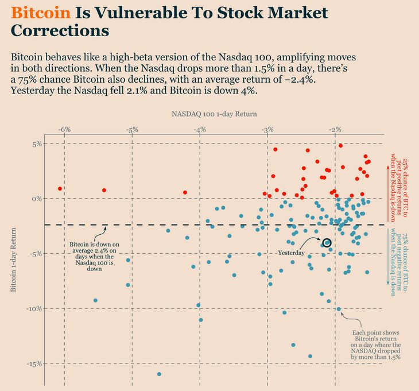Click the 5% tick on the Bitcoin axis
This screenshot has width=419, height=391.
coord(37,144)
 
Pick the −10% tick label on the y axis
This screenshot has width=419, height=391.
coord(34,308)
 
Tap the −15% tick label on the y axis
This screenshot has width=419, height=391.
coord(34,363)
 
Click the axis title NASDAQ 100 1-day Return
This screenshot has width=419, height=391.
coord(214,114)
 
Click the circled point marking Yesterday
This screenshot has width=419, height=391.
coord(327,243)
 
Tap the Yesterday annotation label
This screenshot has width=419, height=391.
coord(292,253)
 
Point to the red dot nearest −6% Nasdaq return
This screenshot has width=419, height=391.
coord(60,188)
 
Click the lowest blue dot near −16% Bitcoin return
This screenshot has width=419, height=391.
coord(159,374)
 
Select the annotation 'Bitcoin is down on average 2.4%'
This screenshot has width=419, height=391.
coord(94,257)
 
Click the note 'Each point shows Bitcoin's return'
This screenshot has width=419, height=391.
coord(376,345)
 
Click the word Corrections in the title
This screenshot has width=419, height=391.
coord(60,31)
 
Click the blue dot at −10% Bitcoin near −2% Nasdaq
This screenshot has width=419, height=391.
coord(339,309)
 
